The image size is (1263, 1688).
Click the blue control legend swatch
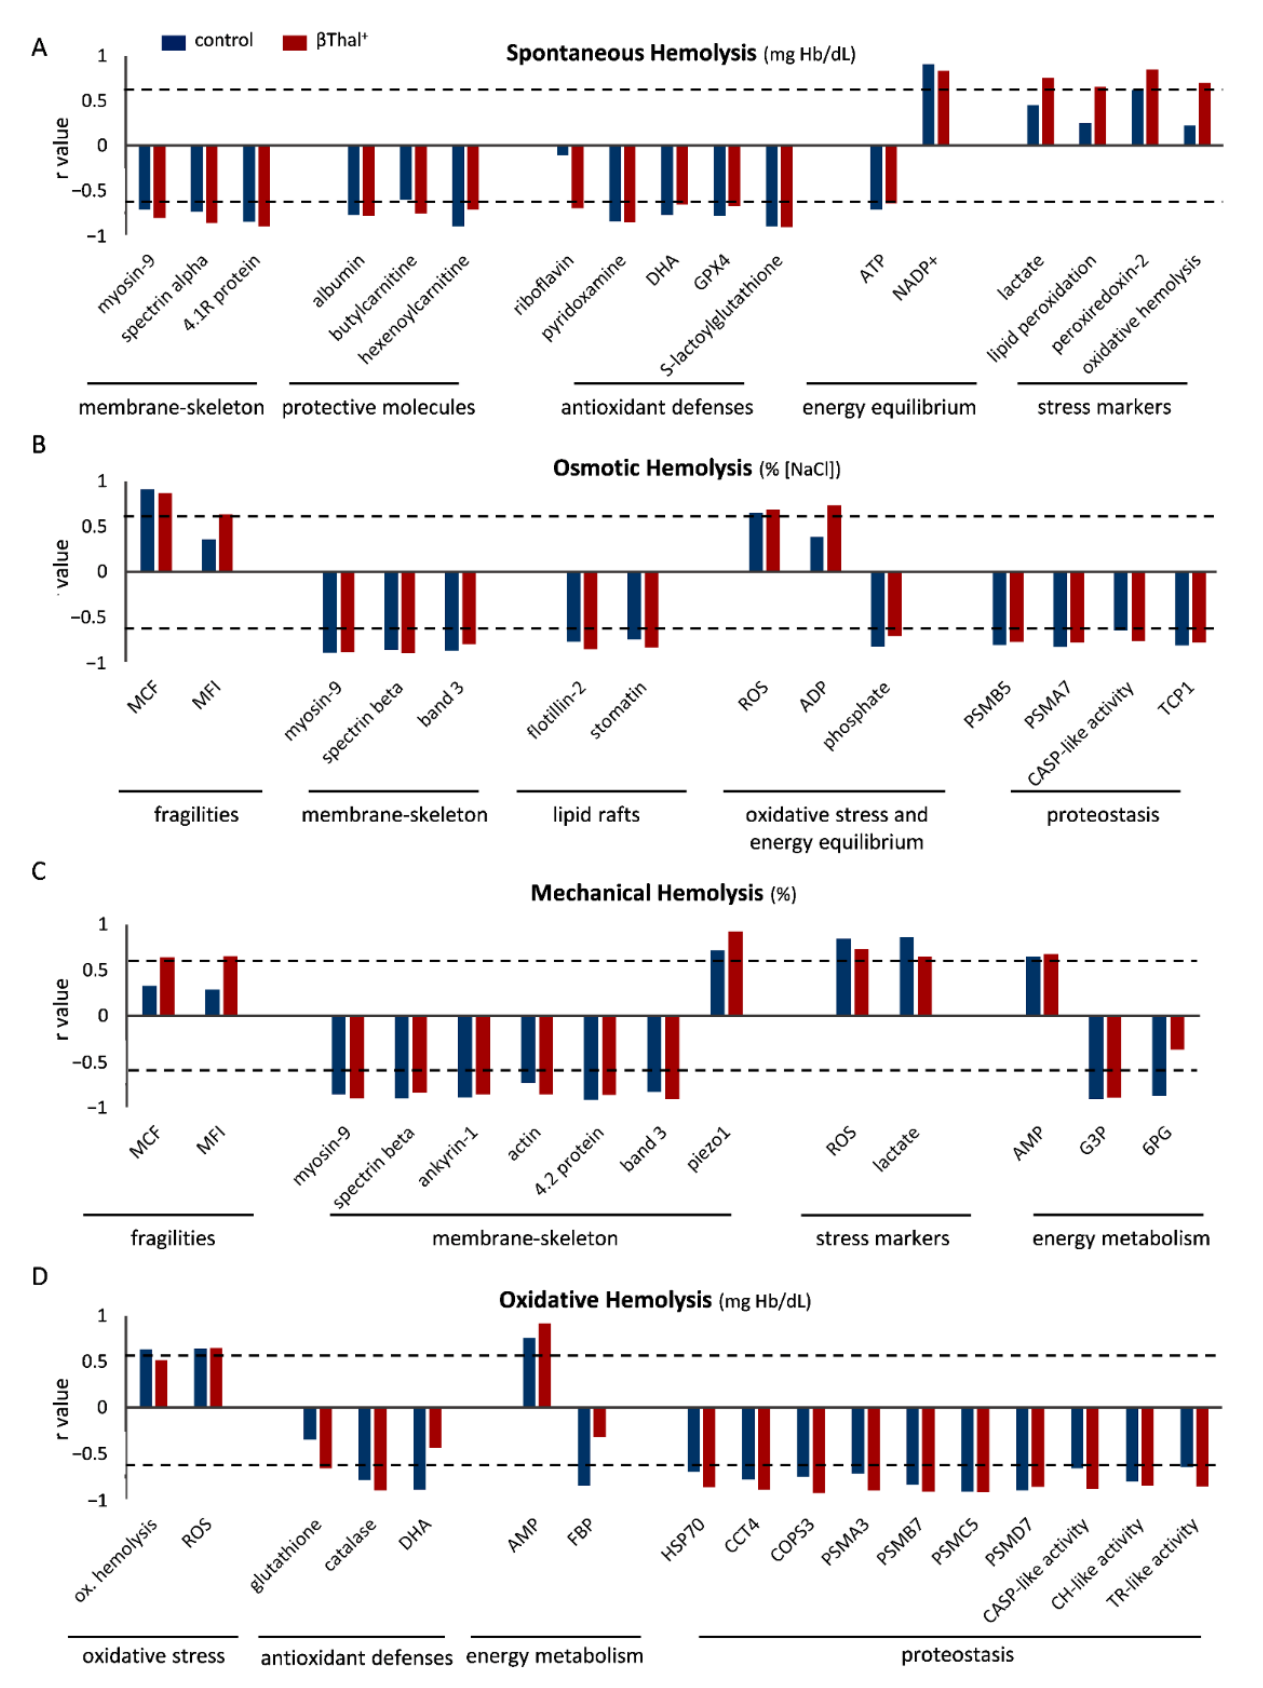pos(173,42)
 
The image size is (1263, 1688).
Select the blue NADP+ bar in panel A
pos(928,104)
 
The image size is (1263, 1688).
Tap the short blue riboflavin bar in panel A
pos(562,149)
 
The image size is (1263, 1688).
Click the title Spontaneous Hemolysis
pos(630,53)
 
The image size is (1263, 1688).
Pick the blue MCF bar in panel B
pos(147,530)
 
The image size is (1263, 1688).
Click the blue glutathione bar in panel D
pos(310,1423)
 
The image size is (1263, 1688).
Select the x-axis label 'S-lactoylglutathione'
pos(721,314)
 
